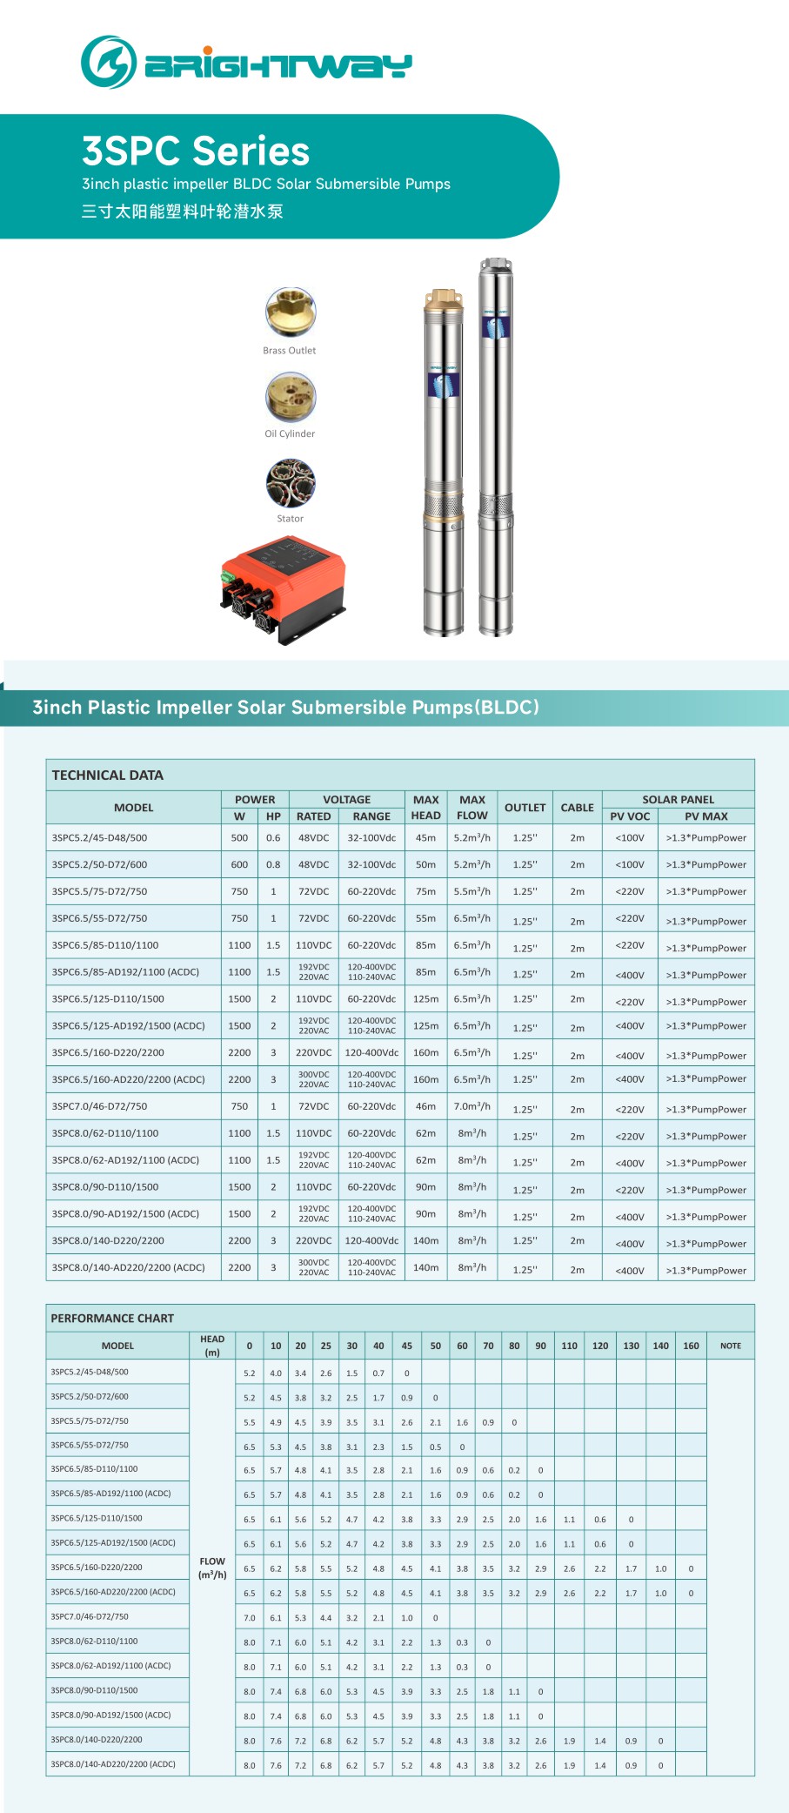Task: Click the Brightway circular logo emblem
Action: pyautogui.click(x=109, y=62)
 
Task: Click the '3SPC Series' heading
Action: pyautogui.click(x=196, y=151)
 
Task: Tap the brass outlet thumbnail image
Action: pyautogui.click(x=291, y=312)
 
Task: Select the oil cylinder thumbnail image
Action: pyautogui.click(x=291, y=396)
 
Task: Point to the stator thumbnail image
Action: pyautogui.click(x=291, y=481)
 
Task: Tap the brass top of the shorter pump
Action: pyautogui.click(x=444, y=300)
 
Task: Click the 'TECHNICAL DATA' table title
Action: pyautogui.click(x=107, y=775)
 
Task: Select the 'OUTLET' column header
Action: pyautogui.click(x=525, y=807)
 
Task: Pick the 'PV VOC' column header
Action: pyautogui.click(x=630, y=816)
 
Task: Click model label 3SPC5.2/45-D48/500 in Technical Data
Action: pyautogui.click(x=99, y=837)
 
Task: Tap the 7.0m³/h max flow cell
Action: pyautogui.click(x=471, y=1106)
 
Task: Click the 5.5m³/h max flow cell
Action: pyautogui.click(x=471, y=891)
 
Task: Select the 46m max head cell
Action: pyautogui.click(x=425, y=1106)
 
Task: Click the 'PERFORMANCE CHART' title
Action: pyautogui.click(x=112, y=1318)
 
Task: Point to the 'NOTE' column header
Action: pyautogui.click(x=730, y=1346)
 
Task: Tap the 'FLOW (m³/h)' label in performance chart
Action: pyautogui.click(x=212, y=1568)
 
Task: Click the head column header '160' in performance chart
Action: pyautogui.click(x=691, y=1346)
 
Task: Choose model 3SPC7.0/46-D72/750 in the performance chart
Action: pyautogui.click(x=90, y=1616)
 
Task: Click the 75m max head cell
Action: pyautogui.click(x=425, y=891)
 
